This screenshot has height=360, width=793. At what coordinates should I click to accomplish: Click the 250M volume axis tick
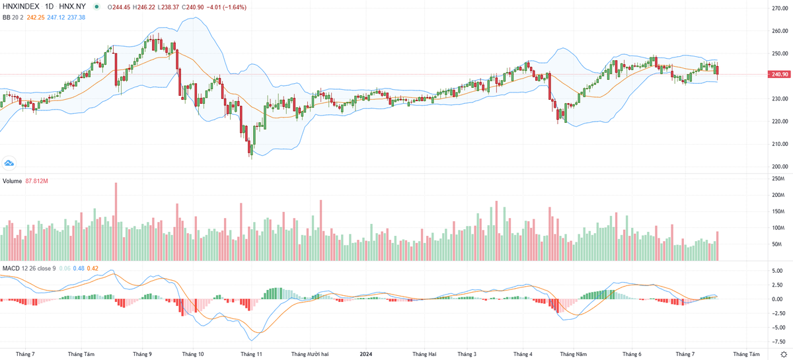[777, 179]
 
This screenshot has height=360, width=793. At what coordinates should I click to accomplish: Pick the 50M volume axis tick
[777, 244]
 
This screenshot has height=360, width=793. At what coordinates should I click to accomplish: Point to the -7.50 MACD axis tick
[778, 342]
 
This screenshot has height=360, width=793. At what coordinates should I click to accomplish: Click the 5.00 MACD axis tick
[778, 271]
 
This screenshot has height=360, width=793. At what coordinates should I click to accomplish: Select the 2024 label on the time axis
[366, 354]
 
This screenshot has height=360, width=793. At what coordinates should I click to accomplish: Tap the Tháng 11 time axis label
[251, 354]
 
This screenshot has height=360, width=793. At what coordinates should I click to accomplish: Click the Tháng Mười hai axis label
[310, 354]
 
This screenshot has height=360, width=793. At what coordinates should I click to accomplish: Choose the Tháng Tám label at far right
[746, 354]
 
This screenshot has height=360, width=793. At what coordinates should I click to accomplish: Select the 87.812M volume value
[38, 181]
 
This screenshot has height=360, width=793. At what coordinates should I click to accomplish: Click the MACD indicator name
[11, 268]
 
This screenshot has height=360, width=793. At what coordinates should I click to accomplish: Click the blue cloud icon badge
[9, 162]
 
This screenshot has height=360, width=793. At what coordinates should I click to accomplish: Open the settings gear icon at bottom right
[784, 354]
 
